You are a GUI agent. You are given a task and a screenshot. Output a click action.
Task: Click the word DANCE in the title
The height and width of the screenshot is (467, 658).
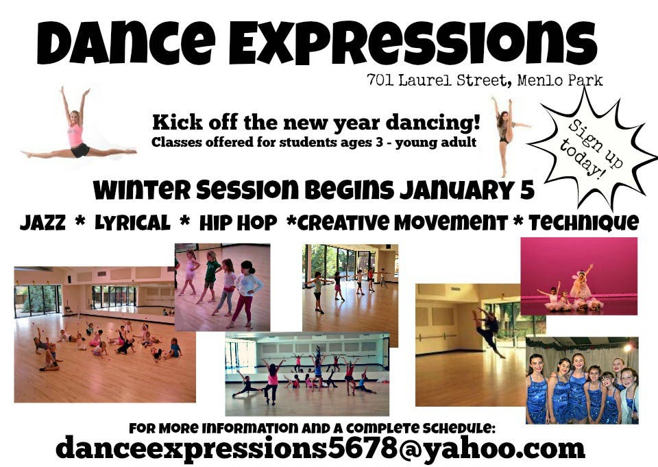click(x=126, y=43)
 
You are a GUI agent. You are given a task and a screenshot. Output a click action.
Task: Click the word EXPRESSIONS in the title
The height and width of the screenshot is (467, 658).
click(x=413, y=43)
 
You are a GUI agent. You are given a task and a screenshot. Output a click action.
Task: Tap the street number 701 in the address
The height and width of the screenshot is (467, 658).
click(x=380, y=80)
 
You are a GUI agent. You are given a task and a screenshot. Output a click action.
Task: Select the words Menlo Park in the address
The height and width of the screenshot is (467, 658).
click(x=560, y=80)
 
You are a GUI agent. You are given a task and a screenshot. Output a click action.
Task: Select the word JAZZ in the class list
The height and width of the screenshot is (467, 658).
click(x=42, y=223)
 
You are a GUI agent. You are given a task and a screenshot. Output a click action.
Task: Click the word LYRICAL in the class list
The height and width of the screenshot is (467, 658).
click(x=132, y=223)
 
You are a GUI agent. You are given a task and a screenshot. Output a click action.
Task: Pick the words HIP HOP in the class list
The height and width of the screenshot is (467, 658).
click(x=238, y=223)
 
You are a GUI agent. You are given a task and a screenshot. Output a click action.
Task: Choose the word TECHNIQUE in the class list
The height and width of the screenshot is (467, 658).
click(x=584, y=223)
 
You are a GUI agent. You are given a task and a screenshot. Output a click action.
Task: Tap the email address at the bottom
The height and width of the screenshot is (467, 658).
click(x=320, y=448)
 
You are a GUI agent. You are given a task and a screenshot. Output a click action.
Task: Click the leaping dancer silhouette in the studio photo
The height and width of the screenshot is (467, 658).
click(x=489, y=332)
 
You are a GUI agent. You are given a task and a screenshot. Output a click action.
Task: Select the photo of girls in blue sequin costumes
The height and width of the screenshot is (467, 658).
click(x=582, y=380)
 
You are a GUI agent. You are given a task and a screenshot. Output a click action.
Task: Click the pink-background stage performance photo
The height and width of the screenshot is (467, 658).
click(x=578, y=276)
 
